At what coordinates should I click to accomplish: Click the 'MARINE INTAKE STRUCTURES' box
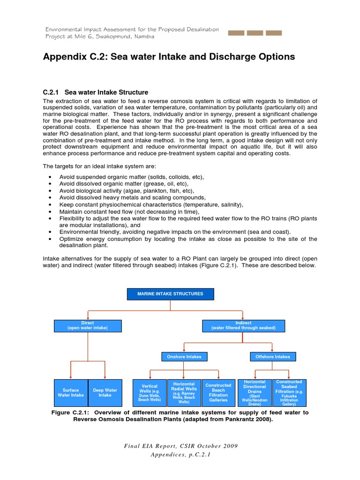170,294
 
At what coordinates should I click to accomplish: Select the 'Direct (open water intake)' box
88,325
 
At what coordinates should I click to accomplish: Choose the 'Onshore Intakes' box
184,357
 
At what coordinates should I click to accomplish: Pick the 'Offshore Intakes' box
273,357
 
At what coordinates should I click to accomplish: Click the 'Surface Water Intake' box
71,392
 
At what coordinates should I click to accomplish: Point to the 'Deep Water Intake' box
105,392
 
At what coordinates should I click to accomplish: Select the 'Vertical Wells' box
150,393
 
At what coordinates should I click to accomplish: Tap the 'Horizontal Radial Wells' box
184,392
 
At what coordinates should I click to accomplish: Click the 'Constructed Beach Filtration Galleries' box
218,392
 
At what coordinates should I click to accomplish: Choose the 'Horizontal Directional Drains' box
255,392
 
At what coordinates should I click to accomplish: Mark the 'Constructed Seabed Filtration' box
289,392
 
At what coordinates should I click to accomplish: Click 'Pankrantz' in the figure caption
237,420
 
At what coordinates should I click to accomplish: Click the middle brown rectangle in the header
255,33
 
